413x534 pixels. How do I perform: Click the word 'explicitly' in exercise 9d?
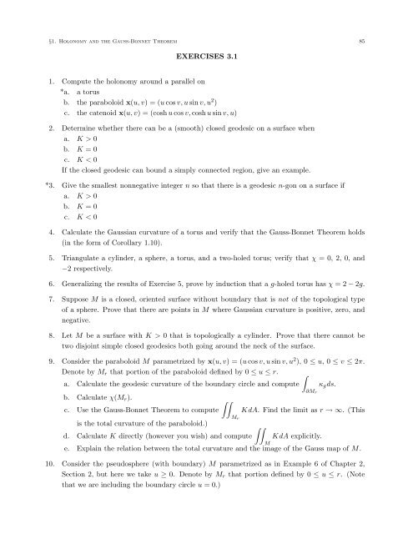pos(324,459)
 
